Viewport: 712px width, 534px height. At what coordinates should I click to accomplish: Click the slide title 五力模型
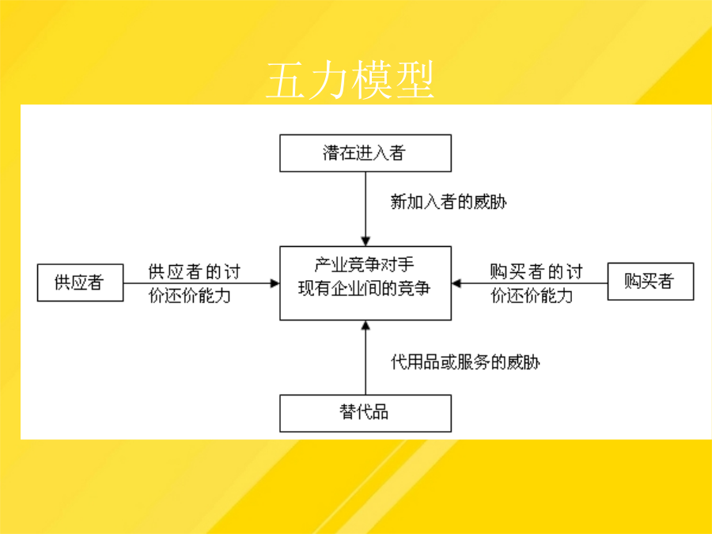(350, 81)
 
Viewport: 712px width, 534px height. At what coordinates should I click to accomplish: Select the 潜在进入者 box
(365, 153)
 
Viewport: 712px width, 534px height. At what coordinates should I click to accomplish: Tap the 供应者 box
(81, 282)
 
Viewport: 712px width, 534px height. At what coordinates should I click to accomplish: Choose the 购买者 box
(651, 281)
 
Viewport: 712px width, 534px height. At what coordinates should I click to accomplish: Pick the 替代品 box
(365, 413)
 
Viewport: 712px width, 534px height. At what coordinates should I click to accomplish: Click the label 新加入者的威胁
(449, 202)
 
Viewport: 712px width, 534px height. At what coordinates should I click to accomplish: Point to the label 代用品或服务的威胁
(465, 362)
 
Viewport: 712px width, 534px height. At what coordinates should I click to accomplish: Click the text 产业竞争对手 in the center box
(364, 264)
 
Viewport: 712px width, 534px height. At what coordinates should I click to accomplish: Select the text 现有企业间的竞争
(364, 288)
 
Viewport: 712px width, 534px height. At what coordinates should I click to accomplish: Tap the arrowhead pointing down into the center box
(365, 241)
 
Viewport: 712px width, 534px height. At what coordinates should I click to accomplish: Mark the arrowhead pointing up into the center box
(365, 326)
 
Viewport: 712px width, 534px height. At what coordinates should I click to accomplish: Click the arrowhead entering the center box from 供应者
(275, 283)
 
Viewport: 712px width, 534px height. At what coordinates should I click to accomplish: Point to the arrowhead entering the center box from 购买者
(456, 283)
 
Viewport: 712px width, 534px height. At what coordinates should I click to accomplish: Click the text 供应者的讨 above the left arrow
(195, 271)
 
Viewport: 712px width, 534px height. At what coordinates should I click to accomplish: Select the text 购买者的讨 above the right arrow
(536, 271)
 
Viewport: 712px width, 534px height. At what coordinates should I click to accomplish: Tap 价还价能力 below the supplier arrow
(190, 296)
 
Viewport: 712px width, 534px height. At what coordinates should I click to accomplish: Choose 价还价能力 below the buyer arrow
(532, 296)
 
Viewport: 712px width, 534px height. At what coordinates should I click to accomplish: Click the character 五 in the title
(286, 81)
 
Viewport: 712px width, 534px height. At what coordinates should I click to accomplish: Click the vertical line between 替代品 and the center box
(365, 358)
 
